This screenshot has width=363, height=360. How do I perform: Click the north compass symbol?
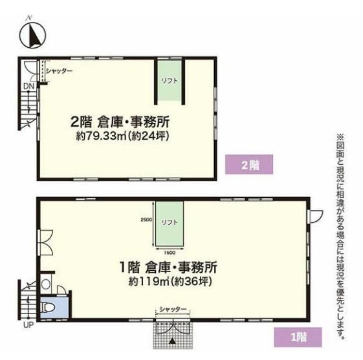point(32,35)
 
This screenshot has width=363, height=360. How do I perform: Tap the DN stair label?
point(28,86)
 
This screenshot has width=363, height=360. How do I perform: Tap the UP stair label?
point(28,324)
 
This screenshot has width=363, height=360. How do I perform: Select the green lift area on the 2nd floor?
point(170,80)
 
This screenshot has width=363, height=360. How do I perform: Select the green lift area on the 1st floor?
point(170,224)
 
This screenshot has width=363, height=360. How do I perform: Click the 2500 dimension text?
point(146,220)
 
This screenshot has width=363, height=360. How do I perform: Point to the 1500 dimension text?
point(170,253)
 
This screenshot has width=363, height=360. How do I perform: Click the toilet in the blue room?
point(48,308)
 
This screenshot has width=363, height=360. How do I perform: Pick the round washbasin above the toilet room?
point(46,284)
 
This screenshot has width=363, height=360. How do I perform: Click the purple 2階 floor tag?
point(249,164)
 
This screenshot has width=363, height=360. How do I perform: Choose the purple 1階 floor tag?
point(298,337)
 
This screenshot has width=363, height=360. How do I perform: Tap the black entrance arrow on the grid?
point(172,341)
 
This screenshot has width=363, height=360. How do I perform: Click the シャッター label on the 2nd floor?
point(59,70)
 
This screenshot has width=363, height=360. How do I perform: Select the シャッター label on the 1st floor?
point(173,309)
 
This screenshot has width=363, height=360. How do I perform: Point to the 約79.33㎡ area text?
point(101,136)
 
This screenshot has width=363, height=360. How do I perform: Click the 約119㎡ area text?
point(149,281)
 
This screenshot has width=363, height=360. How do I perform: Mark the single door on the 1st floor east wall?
point(315,216)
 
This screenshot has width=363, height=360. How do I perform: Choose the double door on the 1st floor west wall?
point(45,242)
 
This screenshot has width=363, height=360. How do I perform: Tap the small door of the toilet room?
point(61,290)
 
